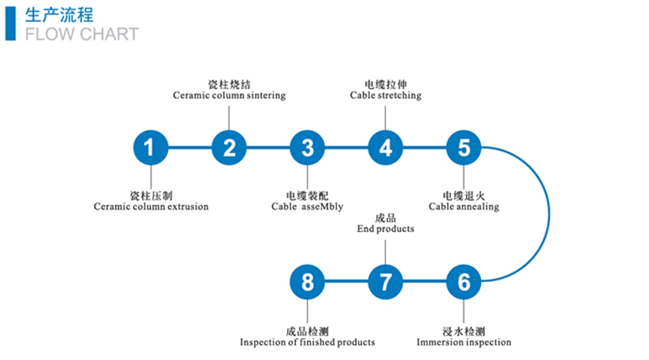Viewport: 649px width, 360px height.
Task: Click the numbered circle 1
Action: (150, 148)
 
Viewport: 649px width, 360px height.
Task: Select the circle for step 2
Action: (229, 148)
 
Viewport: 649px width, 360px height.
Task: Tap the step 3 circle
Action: (307, 148)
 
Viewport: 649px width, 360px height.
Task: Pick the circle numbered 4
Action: (385, 148)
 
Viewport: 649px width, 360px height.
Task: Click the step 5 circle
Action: (464, 148)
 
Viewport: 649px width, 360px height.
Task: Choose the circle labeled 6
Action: (464, 282)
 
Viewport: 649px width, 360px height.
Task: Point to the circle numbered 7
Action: (385, 282)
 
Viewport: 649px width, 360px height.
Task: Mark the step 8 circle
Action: (307, 282)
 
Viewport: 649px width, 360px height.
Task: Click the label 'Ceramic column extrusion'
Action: (151, 207)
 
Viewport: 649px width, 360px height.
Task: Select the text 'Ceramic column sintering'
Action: (230, 96)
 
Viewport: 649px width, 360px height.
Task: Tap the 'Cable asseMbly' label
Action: (307, 207)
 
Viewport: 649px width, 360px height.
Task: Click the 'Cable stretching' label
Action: (385, 96)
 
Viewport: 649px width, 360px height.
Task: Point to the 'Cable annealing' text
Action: (464, 207)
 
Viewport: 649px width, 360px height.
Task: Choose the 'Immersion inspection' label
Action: (464, 342)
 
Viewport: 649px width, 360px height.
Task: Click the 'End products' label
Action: (385, 229)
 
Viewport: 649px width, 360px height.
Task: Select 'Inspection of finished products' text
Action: (307, 342)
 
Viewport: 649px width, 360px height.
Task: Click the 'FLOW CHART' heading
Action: (81, 34)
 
